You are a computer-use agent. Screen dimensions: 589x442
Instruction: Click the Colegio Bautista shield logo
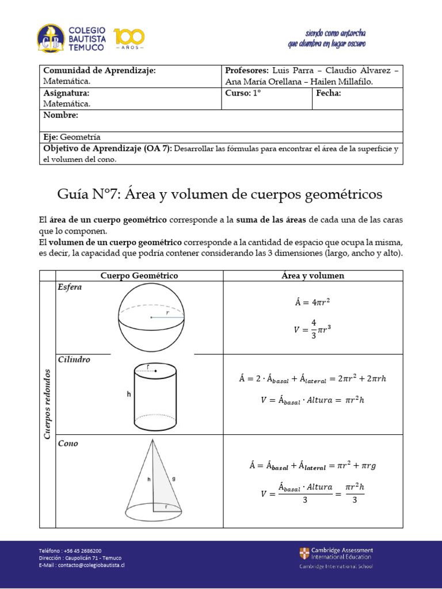tap(51, 39)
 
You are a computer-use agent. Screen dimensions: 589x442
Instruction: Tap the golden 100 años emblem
tap(129, 39)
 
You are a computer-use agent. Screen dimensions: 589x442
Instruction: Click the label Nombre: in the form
tap(60, 115)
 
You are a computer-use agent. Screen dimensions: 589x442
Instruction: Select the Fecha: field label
tap(328, 93)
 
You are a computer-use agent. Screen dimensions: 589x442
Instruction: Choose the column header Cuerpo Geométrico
tap(139, 276)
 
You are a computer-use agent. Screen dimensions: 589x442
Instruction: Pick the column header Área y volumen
tap(313, 276)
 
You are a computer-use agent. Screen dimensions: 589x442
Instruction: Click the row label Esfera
tap(70, 287)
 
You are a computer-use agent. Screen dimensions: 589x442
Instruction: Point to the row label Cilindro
tap(74, 359)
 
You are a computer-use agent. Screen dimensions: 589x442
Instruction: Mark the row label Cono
tap(68, 443)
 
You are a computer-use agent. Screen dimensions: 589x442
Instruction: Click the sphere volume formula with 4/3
tap(313, 330)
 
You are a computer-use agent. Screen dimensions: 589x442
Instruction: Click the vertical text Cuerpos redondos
tap(47, 404)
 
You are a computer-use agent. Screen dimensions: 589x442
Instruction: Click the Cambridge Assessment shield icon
tap(304, 553)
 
